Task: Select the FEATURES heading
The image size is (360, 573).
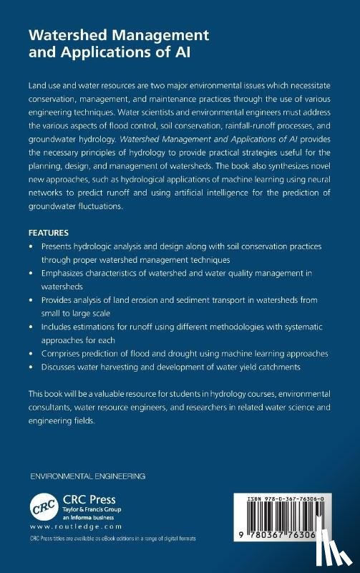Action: pyautogui.click(x=48, y=233)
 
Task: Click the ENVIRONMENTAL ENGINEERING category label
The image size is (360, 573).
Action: pyautogui.click(x=87, y=476)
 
